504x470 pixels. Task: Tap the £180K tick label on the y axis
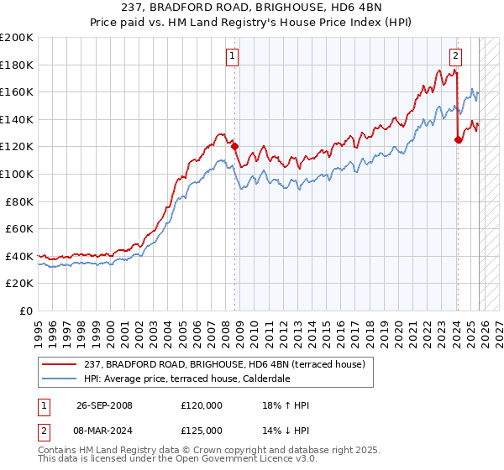[x=17, y=65]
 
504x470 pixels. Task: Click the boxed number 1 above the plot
[x=232, y=57]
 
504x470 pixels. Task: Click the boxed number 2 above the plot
[x=455, y=57]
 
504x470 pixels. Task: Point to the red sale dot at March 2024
[x=458, y=140]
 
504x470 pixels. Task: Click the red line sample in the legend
[x=60, y=365]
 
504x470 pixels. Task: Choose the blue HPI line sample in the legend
[x=60, y=379]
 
